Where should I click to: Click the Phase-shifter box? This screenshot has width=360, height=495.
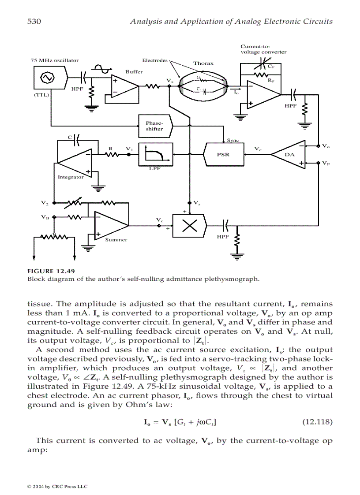[151, 126]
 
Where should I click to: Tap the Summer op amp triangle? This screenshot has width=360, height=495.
[110, 226]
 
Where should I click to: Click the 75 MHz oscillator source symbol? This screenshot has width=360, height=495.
[46, 78]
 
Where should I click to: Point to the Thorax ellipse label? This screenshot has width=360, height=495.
[203, 63]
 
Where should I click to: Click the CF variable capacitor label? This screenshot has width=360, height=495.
[272, 67]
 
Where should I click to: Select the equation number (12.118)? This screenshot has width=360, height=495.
[317, 422]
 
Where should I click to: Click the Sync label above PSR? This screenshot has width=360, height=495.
[232, 141]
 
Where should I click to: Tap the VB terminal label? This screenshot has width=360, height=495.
[45, 217]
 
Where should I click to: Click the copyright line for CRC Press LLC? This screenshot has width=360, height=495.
[57, 487]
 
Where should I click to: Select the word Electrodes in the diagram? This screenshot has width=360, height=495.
[155, 60]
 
